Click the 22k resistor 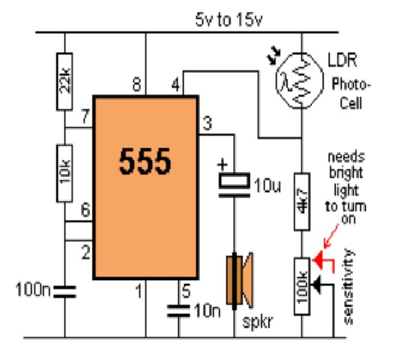click(65, 81)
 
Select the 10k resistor click(65, 173)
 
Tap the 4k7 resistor click(302, 202)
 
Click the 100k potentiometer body click(302, 286)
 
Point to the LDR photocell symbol click(299, 81)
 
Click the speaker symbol click(239, 281)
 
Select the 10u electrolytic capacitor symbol click(234, 185)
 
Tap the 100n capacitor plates click(65, 291)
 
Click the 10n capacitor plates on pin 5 click(178, 311)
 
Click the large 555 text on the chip click(145, 161)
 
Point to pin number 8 click(137, 84)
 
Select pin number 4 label click(176, 84)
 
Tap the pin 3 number click(208, 124)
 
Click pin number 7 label click(86, 116)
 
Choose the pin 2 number click(86, 252)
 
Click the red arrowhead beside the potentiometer click(318, 260)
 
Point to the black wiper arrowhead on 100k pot click(317, 285)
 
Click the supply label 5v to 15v click(229, 20)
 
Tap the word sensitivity click(348, 286)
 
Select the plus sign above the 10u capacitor click(223, 165)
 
